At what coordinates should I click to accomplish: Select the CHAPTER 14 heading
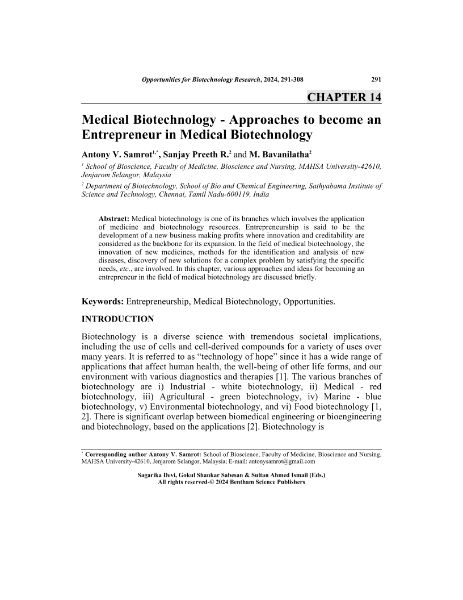click(344, 97)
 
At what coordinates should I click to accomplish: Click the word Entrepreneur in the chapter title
click(123, 135)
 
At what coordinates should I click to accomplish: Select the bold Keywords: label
click(102, 301)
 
